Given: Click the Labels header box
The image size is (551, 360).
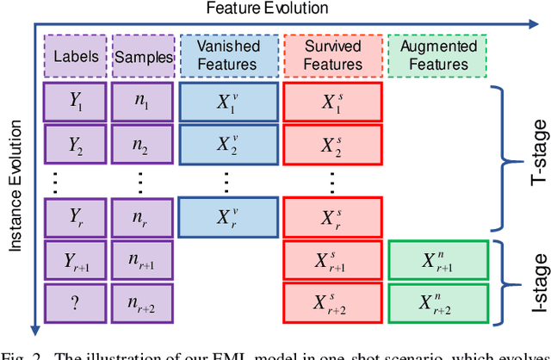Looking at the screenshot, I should coord(75,56).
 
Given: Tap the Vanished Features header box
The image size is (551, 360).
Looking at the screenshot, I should coord(227,56).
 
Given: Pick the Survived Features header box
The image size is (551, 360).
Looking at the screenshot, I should coord(332,56).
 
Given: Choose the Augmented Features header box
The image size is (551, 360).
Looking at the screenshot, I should coord(437,56).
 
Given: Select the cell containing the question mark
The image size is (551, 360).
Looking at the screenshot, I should coord(75,301).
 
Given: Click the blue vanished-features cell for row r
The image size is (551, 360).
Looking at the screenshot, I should coord(227,218).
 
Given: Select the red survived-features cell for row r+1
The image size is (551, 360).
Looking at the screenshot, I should coord(332,260).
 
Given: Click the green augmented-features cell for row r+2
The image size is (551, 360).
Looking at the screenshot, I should coord(437,301).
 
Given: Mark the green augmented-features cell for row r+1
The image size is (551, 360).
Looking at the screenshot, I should coord(437,260).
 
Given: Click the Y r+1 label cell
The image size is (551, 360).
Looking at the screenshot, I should coord(75,260).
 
